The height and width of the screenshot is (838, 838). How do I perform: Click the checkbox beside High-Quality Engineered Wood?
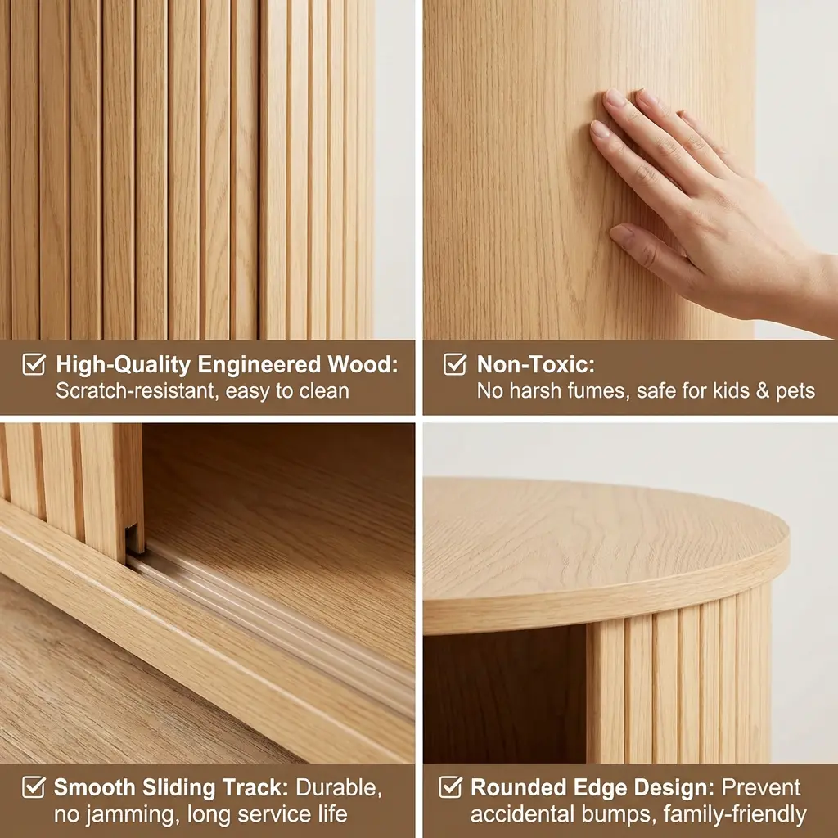tap(34, 364)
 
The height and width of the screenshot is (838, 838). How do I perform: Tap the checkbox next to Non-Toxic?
tap(455, 364)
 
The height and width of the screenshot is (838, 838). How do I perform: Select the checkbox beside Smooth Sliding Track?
tap(34, 787)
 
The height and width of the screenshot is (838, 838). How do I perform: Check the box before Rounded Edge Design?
tap(451, 787)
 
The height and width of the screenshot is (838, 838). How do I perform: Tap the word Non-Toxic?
tap(535, 364)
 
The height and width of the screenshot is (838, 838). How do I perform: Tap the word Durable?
tap(339, 788)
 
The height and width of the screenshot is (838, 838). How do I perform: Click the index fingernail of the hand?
tap(600, 129)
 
